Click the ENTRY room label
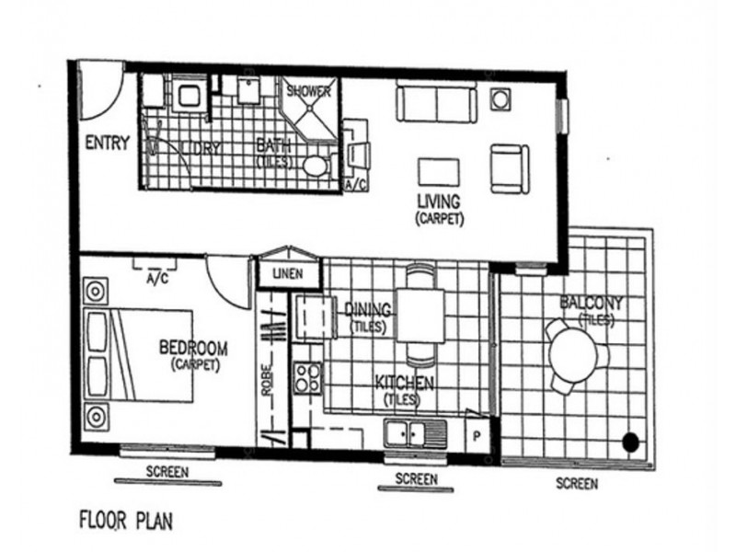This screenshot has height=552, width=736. tap(107, 144)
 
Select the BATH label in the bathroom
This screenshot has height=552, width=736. tap(272, 144)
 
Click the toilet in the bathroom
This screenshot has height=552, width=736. tap(316, 167)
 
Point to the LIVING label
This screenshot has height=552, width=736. tap(439, 201)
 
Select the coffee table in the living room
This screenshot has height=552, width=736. tap(438, 172)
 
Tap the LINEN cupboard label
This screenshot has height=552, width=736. tap(289, 272)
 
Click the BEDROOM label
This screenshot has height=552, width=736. tap(193, 349)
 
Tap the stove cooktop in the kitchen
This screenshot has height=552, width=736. tap(307, 377)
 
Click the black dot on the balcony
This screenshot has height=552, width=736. tap(630, 442)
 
